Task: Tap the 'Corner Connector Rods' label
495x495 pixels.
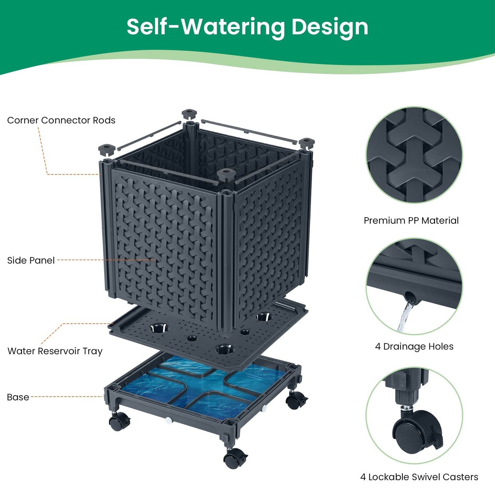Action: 61,120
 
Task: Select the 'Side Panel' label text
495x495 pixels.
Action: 31,260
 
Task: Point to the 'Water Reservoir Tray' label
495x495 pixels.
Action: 55,351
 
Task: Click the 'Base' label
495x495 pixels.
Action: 18,397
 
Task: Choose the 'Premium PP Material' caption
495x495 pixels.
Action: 411,220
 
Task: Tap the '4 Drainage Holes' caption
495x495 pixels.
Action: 414,346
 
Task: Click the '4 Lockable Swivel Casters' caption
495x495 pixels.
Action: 419,477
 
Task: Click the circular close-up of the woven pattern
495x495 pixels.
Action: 414,155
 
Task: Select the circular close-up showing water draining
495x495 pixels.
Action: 414,286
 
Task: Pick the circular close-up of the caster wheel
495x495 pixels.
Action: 414,416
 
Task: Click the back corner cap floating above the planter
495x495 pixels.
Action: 189,114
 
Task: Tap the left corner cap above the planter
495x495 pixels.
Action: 107,149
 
